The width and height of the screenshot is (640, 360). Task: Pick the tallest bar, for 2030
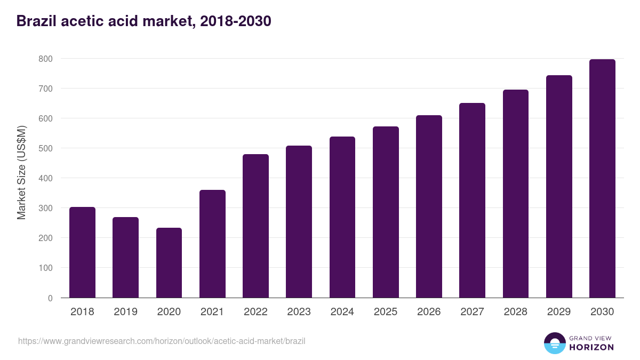tap(602, 179)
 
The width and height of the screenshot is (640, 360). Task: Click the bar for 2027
tap(472, 200)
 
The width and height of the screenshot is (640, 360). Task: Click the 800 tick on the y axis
tap(45, 59)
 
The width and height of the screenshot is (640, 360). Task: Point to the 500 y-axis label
tap(45, 148)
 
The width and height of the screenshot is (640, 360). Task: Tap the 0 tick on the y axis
tap(50, 298)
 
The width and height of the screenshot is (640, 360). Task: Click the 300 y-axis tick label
tap(45, 208)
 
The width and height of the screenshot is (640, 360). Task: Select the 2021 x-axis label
tap(212, 312)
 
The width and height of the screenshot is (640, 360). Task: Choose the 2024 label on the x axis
tap(342, 312)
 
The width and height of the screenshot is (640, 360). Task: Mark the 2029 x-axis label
tap(559, 312)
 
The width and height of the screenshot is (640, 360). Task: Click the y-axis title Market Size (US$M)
tap(21, 172)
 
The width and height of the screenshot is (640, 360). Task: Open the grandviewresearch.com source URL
tap(162, 341)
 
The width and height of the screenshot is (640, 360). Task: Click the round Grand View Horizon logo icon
tap(554, 343)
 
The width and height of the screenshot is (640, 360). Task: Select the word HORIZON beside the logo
tap(591, 347)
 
